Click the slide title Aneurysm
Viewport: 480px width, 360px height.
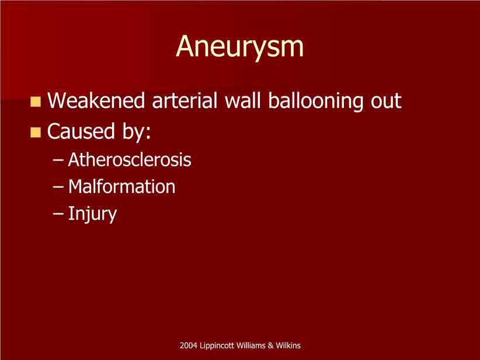(239, 47)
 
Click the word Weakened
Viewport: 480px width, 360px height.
(96, 100)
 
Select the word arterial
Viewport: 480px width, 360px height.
(185, 100)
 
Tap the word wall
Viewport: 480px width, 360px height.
(243, 100)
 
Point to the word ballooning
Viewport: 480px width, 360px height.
(315, 101)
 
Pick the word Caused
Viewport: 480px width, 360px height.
(81, 131)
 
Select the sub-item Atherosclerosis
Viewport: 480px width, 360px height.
(130, 160)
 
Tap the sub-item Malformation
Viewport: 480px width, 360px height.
(121, 186)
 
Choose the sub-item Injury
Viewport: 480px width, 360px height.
(92, 214)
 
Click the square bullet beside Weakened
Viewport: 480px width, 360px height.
(36, 102)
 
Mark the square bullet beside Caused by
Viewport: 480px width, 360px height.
(36, 132)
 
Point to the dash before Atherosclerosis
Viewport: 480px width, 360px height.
(58, 160)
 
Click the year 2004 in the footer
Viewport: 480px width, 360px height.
(188, 345)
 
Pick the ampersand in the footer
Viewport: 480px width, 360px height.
(270, 345)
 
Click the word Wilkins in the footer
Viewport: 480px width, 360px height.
(288, 345)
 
